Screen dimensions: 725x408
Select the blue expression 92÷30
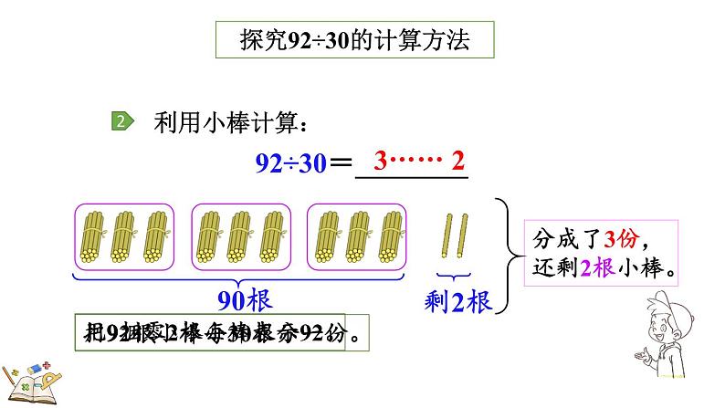[290, 165]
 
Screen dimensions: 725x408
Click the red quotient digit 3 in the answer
[382, 162]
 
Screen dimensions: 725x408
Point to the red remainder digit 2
[457, 162]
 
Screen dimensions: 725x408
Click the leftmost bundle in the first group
[95, 235]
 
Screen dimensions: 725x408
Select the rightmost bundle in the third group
[390, 235]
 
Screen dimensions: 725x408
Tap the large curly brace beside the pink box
[504, 256]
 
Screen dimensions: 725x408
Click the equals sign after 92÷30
[340, 165]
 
